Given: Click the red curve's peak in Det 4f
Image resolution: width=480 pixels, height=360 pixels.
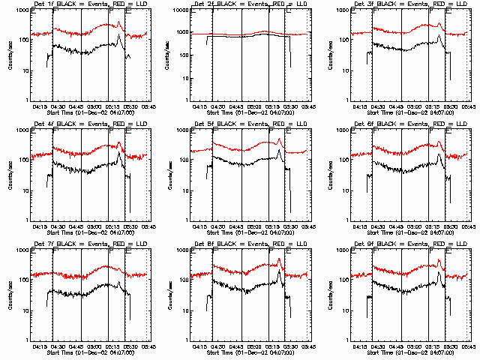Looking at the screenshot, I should click(119, 140).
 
